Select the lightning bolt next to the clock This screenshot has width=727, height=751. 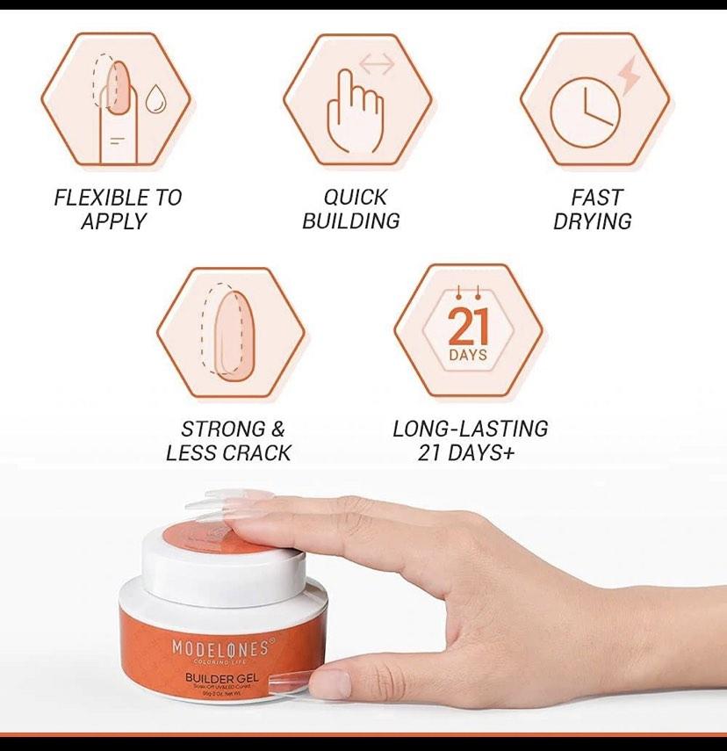pos(630,76)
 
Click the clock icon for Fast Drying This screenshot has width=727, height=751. pos(585,114)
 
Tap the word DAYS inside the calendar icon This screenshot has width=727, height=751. pos(468,356)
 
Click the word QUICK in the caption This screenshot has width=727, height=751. pos(356,198)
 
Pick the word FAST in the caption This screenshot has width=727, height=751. pos(596,198)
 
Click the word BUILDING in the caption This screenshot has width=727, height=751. pos(351,221)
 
